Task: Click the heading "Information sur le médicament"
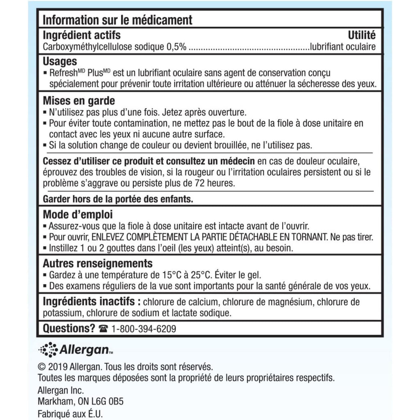117,20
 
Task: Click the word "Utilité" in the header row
361,35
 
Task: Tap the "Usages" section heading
60,62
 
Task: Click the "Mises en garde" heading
79,101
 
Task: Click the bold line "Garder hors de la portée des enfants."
118,199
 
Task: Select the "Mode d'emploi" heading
78,215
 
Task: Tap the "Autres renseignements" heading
98,263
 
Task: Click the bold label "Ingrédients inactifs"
89,302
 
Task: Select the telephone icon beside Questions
103,329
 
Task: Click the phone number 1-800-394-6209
144,329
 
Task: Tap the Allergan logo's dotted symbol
48,350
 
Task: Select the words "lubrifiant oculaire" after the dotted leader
343,47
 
